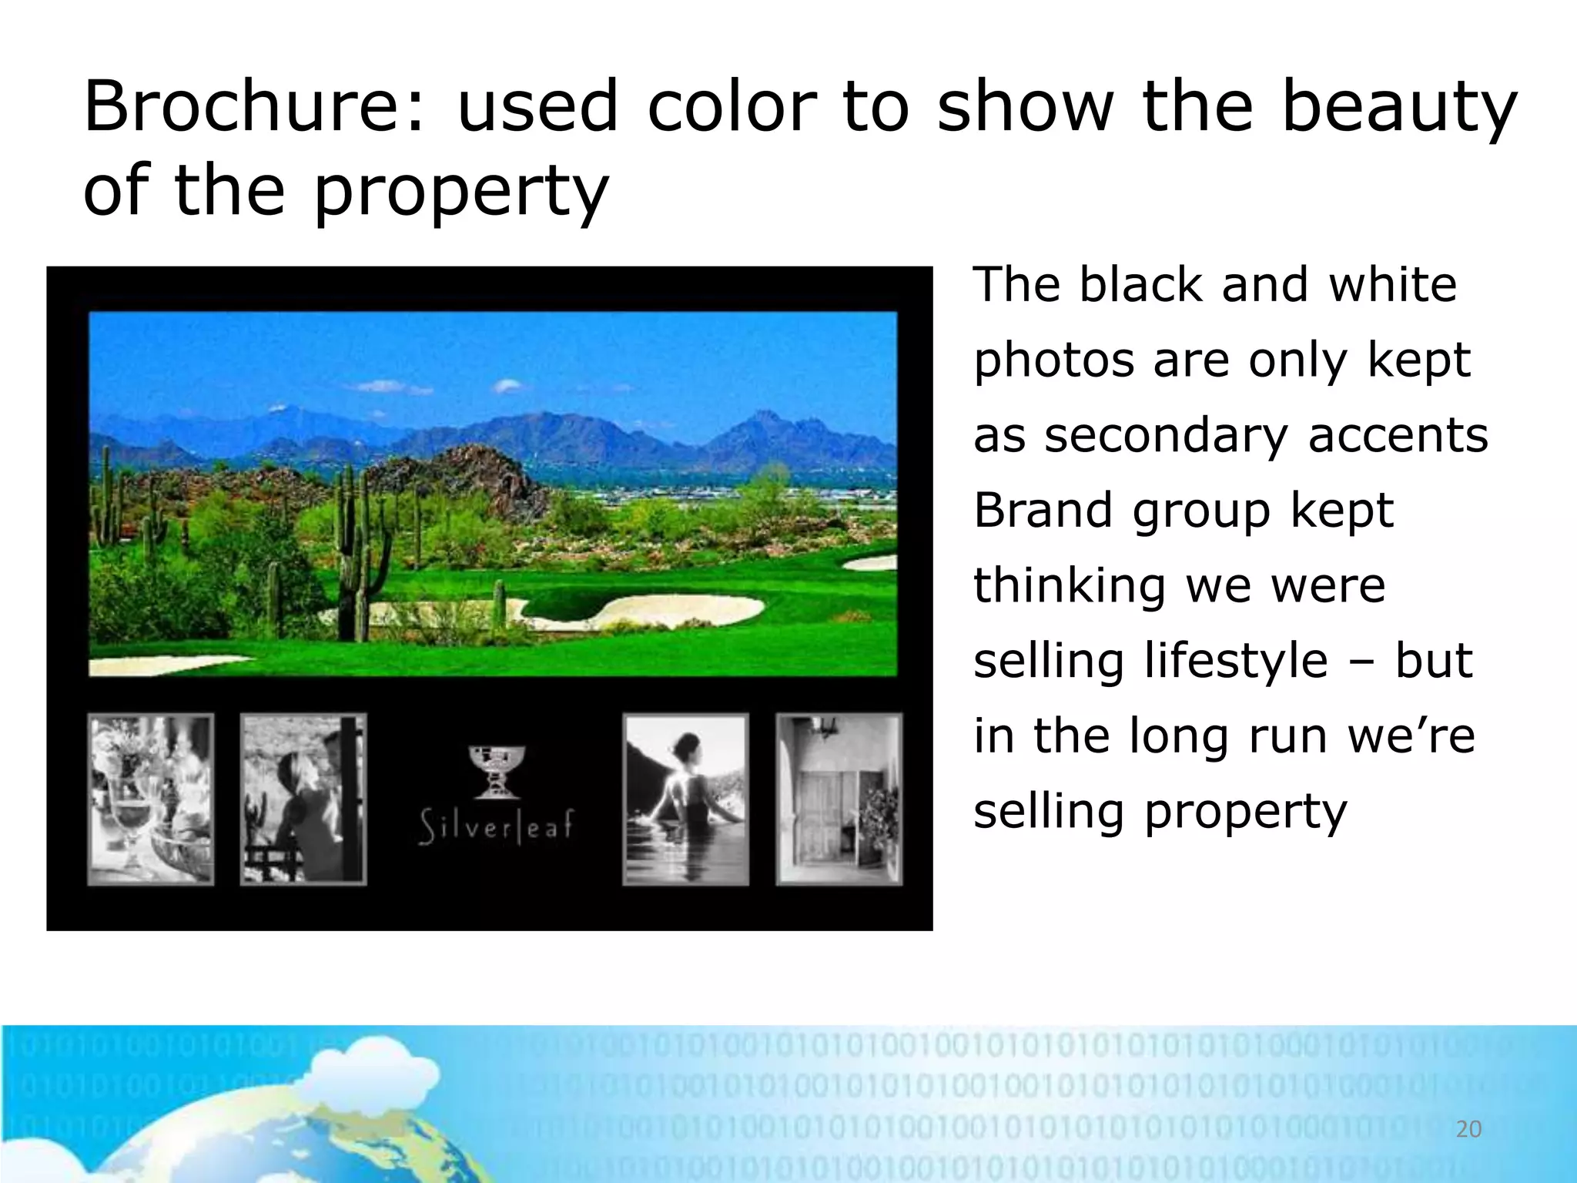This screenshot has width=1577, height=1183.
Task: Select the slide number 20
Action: click(1468, 1129)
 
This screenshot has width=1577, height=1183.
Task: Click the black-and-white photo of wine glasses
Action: click(151, 799)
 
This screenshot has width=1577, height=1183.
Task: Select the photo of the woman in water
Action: click(685, 799)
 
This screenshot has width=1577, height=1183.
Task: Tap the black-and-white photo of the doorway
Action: click(839, 799)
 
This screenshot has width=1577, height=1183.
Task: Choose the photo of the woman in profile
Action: click(303, 799)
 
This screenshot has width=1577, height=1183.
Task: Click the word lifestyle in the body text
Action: click(1236, 661)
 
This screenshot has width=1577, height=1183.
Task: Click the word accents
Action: click(1398, 435)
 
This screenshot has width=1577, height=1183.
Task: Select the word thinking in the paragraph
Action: click(1070, 585)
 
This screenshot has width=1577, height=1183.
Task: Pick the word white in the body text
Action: click(1392, 284)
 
